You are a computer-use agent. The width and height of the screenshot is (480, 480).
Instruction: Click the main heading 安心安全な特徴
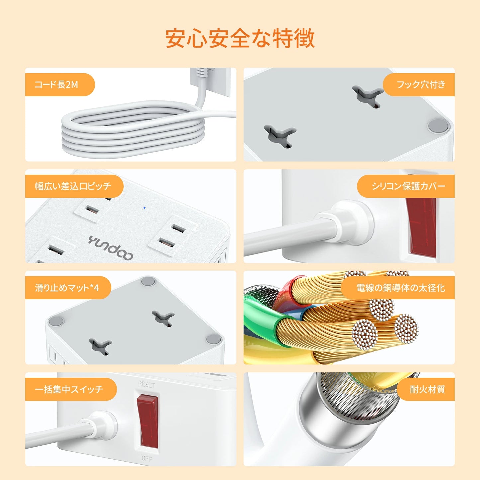[x=240, y=39]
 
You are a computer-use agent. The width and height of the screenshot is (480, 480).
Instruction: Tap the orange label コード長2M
[x=56, y=85]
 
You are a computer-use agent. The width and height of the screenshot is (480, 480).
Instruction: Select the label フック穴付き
[x=421, y=85]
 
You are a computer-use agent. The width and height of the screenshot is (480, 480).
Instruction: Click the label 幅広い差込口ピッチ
[x=73, y=186]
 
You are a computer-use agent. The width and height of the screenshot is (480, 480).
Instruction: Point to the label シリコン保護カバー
[x=408, y=186]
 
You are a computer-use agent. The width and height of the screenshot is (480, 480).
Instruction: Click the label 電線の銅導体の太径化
[x=400, y=288]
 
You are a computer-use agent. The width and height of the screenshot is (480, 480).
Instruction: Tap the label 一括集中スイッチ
[x=69, y=389]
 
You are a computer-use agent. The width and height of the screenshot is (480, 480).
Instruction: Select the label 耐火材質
[x=427, y=389]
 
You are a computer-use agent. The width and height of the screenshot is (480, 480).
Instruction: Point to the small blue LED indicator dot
[x=144, y=208]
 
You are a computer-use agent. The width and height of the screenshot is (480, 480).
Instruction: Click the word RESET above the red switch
[x=146, y=385]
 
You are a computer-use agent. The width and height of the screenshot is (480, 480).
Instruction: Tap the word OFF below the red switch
[x=147, y=458]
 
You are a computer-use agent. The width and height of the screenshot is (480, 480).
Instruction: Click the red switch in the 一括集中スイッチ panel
[x=147, y=421]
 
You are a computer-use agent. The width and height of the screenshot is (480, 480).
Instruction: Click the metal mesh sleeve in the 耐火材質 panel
[x=359, y=397]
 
